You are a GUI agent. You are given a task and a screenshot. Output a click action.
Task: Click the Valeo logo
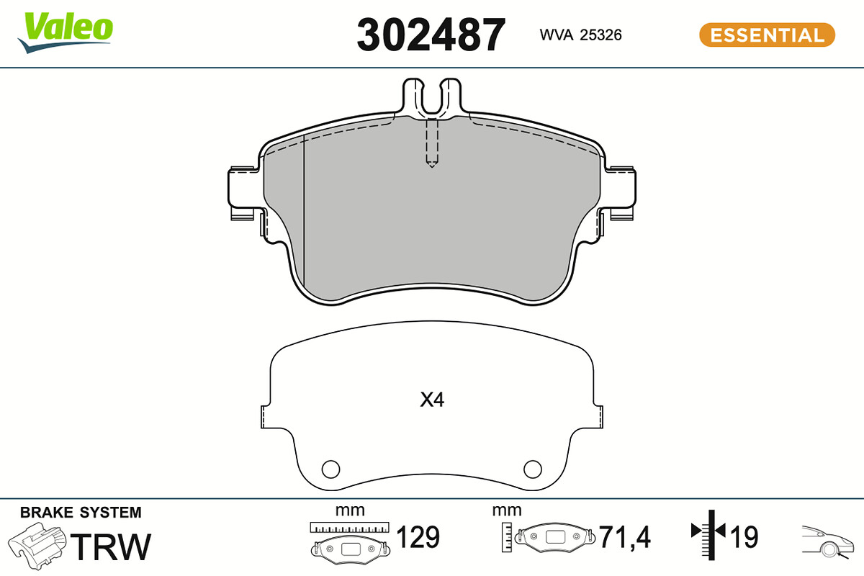tap(66, 32)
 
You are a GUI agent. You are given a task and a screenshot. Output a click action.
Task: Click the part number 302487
tap(431, 35)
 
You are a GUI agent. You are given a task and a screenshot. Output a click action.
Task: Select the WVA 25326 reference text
tap(580, 35)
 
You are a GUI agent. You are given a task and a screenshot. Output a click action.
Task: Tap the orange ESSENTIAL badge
tap(767, 35)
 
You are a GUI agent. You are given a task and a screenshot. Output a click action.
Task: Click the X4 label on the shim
tap(432, 400)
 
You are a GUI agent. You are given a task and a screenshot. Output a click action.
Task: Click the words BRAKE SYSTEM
tap(81, 513)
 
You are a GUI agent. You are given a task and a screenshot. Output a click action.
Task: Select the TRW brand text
tap(111, 546)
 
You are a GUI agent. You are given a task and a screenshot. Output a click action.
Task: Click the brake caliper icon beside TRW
tap(37, 546)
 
